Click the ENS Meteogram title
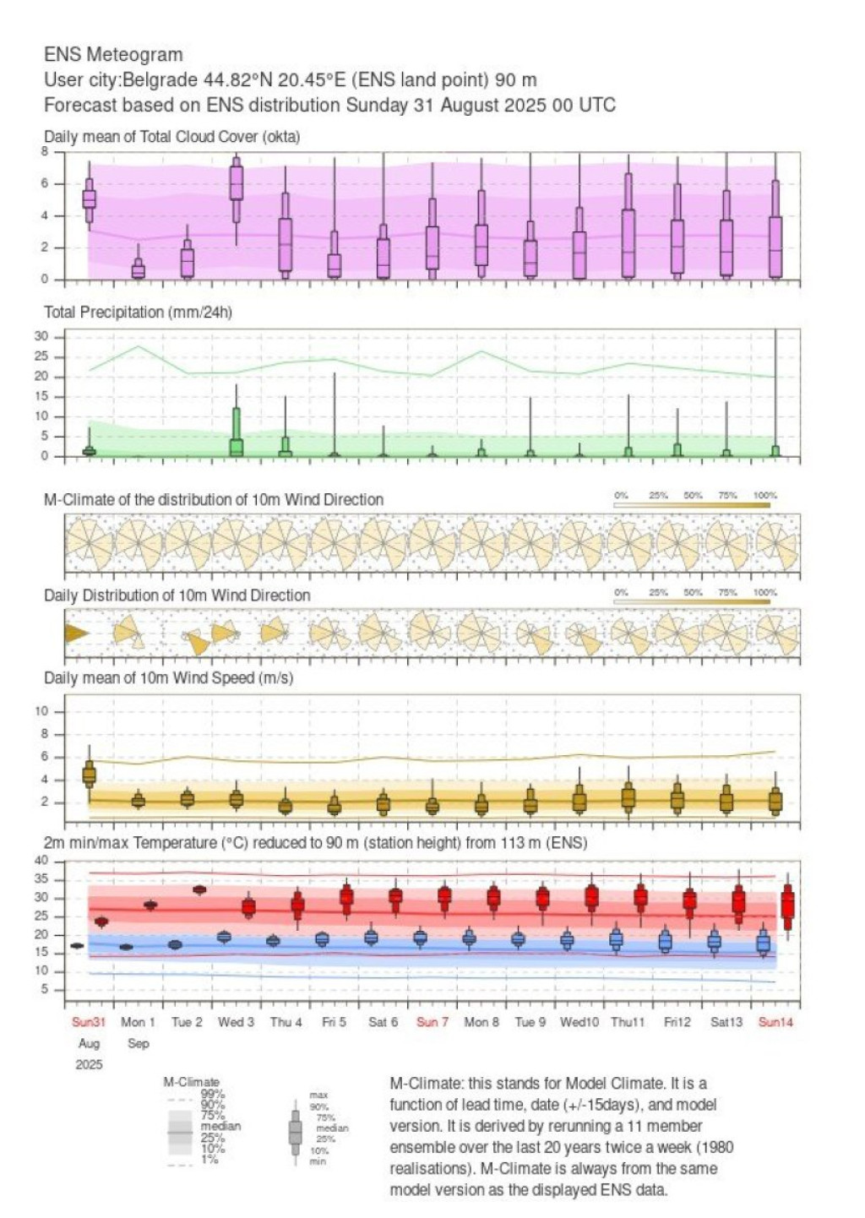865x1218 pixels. click(113, 55)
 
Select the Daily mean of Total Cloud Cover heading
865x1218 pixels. click(171, 137)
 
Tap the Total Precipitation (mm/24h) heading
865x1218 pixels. click(138, 313)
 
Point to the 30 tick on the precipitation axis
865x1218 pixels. click(41, 337)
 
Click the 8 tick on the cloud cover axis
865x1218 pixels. click(46, 152)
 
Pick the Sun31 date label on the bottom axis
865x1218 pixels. click(89, 1022)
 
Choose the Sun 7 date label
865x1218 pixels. click(432, 1022)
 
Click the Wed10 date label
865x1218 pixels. click(579, 1022)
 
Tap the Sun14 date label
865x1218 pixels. click(775, 1022)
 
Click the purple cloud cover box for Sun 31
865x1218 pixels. click(89, 198)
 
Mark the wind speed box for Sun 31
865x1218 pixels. click(89, 774)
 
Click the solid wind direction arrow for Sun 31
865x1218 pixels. click(77, 633)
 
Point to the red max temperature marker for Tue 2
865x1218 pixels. click(200, 889)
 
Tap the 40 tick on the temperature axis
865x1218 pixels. click(41, 861)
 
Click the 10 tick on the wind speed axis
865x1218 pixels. click(41, 711)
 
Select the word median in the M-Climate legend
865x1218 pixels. click(220, 1126)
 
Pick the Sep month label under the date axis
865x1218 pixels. click(139, 1043)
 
